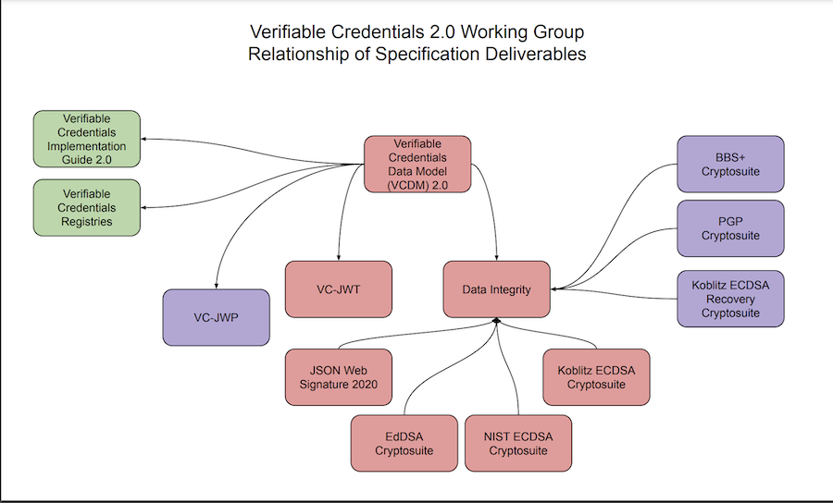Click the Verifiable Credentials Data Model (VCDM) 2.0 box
417,165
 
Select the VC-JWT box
338,289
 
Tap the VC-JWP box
216,317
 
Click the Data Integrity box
497,289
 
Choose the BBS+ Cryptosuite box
730,165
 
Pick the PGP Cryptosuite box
730,228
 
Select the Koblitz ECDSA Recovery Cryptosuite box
730,299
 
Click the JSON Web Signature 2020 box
339,377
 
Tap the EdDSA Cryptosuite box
404,443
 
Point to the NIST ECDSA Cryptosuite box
518,443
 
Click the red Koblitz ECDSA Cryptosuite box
596,377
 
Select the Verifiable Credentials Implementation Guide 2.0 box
87,139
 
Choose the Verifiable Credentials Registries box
87,207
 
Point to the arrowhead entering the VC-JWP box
216,285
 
